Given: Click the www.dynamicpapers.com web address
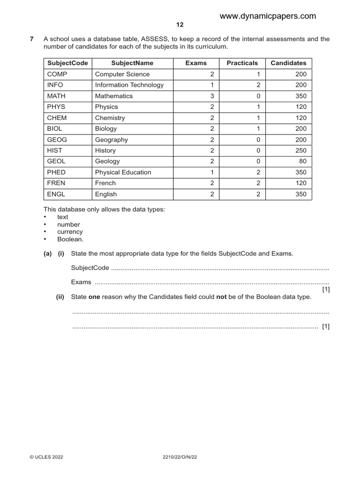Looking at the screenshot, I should (x=268, y=16).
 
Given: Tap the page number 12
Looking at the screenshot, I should (x=180, y=25).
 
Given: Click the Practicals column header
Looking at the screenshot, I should (x=242, y=63).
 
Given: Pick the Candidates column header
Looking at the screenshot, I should (x=288, y=63).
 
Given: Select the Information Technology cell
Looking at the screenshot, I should (x=129, y=85).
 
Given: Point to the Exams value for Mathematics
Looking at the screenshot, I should (x=212, y=96).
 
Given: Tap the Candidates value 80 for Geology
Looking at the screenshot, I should (x=302, y=161).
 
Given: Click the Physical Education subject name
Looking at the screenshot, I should (x=123, y=172).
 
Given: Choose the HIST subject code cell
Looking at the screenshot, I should (x=55, y=150).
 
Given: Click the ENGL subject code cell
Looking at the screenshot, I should (x=56, y=194).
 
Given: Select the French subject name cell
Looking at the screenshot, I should (x=105, y=183).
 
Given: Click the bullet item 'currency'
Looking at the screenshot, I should (x=70, y=232).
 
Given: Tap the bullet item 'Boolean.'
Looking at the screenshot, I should (x=70, y=239).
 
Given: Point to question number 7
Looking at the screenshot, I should (x=32, y=39).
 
